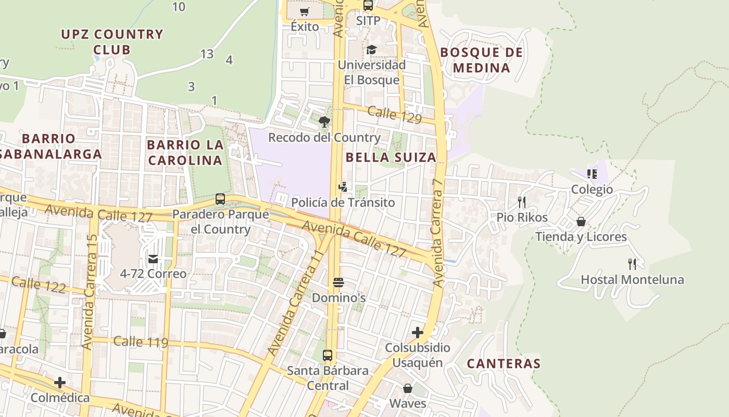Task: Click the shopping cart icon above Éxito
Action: [305, 11]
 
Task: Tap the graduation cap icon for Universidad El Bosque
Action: [371, 50]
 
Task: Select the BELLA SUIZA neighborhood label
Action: [391, 157]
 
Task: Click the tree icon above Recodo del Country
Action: [324, 122]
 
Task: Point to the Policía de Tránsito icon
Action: [343, 187]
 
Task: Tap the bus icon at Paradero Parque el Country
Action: [220, 199]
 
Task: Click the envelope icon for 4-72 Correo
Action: [153, 259]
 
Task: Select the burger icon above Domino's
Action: [338, 283]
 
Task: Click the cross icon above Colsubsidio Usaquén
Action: [417, 332]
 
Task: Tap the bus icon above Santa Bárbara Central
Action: [328, 355]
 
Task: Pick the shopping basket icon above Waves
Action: [408, 388]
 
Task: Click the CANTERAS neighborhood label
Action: [504, 364]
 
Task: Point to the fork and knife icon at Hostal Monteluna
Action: [632, 264]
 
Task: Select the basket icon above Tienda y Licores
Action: [581, 222]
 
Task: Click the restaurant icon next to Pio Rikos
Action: [522, 202]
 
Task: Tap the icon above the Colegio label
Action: [592, 174]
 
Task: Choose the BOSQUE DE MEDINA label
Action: [481, 60]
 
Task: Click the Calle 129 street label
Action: [394, 115]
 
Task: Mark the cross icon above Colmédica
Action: [60, 383]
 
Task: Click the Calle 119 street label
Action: [141, 342]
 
